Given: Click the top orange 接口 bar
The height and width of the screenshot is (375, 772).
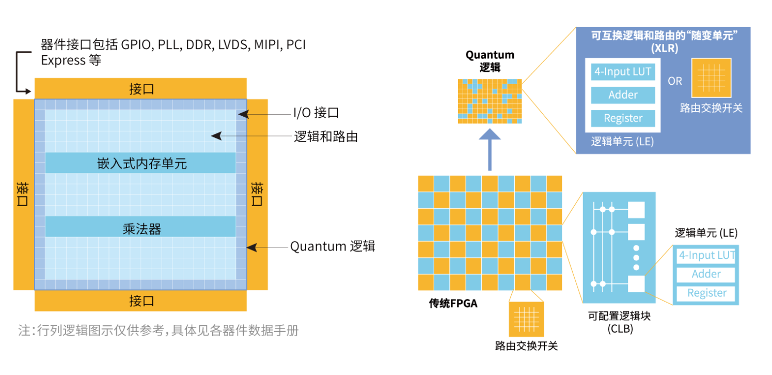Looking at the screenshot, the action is (x=140, y=88).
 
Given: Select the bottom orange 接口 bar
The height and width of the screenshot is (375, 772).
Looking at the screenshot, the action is (x=140, y=301).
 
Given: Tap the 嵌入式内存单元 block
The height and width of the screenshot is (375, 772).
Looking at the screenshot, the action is (x=140, y=163).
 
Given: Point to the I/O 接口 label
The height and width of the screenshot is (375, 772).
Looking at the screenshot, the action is (x=316, y=113).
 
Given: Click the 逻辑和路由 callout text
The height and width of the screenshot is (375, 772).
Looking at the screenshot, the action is (x=326, y=137).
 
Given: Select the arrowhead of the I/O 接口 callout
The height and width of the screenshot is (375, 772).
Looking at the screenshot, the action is (x=243, y=115).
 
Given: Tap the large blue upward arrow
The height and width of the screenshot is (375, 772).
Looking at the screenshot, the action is (x=490, y=150).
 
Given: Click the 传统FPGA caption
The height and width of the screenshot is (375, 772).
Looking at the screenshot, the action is (x=453, y=303).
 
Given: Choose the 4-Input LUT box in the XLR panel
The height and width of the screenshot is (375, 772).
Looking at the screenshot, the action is (x=623, y=72).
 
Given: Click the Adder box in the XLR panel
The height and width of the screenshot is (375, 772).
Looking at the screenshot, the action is (x=623, y=95).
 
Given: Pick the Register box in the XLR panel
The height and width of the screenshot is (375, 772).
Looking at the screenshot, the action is (x=623, y=118).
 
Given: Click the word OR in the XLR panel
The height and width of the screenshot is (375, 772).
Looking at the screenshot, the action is (x=675, y=81).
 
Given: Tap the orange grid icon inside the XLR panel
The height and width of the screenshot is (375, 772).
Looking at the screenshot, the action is (x=712, y=78).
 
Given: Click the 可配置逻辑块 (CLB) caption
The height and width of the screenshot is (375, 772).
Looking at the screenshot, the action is (x=620, y=322).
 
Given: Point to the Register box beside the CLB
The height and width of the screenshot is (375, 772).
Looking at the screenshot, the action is (x=706, y=293).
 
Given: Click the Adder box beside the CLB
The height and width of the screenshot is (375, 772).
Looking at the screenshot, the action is (x=706, y=274).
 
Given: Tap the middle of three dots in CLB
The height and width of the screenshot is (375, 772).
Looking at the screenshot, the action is (x=636, y=258).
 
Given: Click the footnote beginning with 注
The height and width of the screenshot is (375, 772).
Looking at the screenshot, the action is (x=159, y=331).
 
